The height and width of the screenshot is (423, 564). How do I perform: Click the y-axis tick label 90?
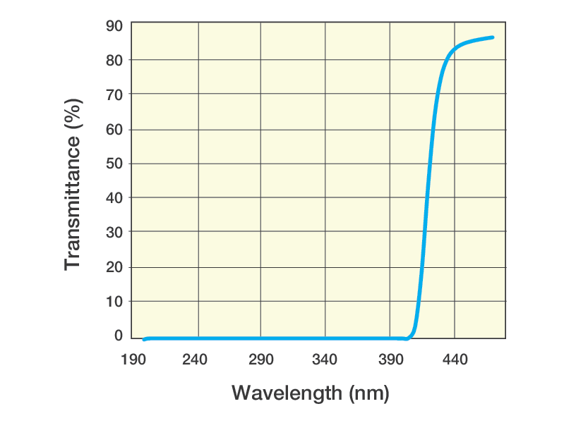pyautogui.click(x=114, y=26)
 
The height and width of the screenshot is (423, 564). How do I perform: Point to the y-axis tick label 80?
pyautogui.click(x=114, y=61)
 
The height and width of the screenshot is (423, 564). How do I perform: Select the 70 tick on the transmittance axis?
pyautogui.click(x=114, y=94)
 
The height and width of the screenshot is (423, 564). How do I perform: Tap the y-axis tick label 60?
pyautogui.click(x=114, y=130)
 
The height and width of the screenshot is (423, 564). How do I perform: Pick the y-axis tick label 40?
pyautogui.click(x=114, y=198)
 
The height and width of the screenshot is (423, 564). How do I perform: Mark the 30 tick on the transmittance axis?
pyautogui.click(x=114, y=233)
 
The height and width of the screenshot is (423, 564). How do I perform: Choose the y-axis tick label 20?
pyautogui.click(x=114, y=267)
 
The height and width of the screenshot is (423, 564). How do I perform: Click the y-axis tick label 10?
pyautogui.click(x=114, y=302)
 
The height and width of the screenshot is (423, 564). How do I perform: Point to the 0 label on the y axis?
pyautogui.click(x=119, y=336)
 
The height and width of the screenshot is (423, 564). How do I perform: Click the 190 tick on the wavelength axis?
pyautogui.click(x=133, y=360)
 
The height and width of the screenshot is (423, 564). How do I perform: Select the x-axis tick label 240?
pyautogui.click(x=196, y=360)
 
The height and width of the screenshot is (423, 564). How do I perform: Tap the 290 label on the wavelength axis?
pyautogui.click(x=260, y=360)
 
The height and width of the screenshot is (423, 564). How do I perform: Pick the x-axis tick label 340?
pyautogui.click(x=325, y=360)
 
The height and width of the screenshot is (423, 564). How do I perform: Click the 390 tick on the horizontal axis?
pyautogui.click(x=390, y=360)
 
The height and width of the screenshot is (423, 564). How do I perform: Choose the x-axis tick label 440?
pyautogui.click(x=455, y=360)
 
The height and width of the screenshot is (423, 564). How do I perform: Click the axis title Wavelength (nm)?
pyautogui.click(x=310, y=393)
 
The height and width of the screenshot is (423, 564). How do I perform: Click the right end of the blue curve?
pyautogui.click(x=492, y=37)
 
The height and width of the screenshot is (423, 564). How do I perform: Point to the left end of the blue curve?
pyautogui.click(x=145, y=339)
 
